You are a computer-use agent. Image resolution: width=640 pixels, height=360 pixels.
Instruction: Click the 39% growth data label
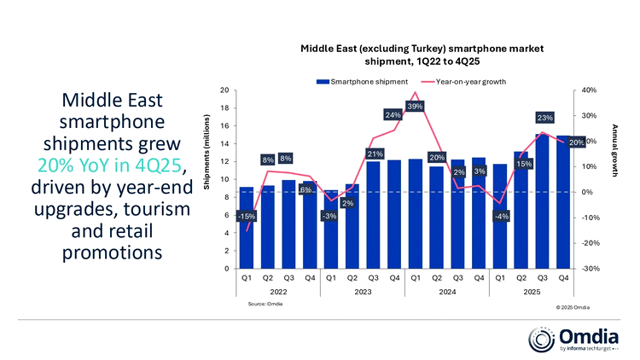(x=416, y=107)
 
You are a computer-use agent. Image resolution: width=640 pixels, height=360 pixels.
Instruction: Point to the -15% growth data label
(x=247, y=216)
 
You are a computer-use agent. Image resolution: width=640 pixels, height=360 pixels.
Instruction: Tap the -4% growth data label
(x=502, y=216)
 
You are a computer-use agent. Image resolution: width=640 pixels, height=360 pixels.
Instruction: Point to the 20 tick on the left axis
(x=223, y=90)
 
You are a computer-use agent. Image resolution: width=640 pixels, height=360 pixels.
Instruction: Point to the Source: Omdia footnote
(x=265, y=304)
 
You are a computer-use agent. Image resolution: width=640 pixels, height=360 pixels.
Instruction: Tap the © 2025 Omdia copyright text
(x=572, y=305)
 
